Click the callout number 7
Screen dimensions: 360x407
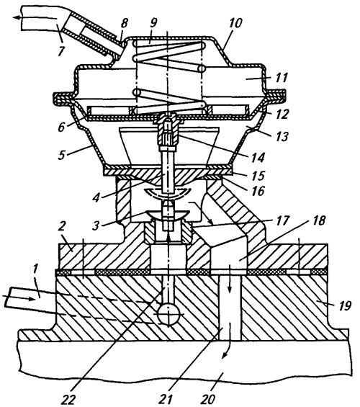(x=60, y=51)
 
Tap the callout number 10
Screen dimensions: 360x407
(x=235, y=23)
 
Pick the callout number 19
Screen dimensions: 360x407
(x=344, y=305)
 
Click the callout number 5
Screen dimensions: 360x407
(x=61, y=156)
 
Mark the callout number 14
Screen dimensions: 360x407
(x=257, y=157)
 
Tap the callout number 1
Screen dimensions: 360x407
(x=35, y=270)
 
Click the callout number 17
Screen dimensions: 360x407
(x=282, y=220)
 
